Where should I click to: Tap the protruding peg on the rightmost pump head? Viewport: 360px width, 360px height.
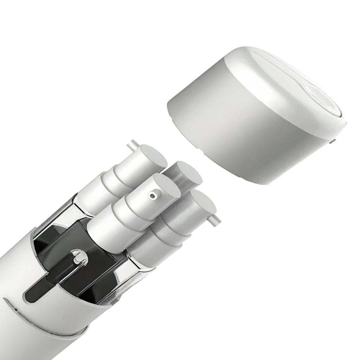[215, 220]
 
